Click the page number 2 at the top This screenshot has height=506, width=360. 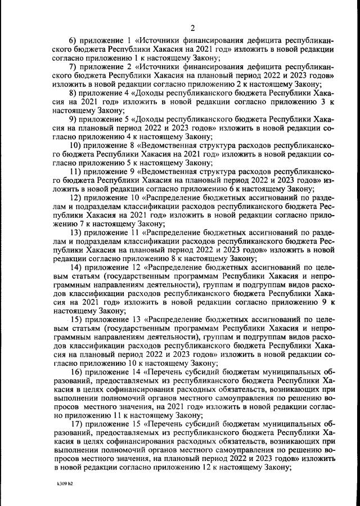(x=192, y=29)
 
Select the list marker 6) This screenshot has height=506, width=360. (x=74, y=41)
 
